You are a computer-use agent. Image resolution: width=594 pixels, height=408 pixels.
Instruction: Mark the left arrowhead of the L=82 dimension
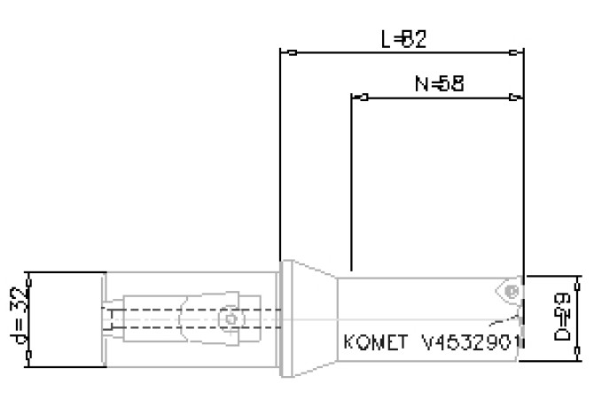tap(285, 51)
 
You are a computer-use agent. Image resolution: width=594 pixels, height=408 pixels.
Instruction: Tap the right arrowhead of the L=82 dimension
tap(519, 51)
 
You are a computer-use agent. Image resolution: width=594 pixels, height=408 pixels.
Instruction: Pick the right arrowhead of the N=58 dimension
tap(518, 97)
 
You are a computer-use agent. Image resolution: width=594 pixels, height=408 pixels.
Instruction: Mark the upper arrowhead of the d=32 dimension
tap(30, 276)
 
